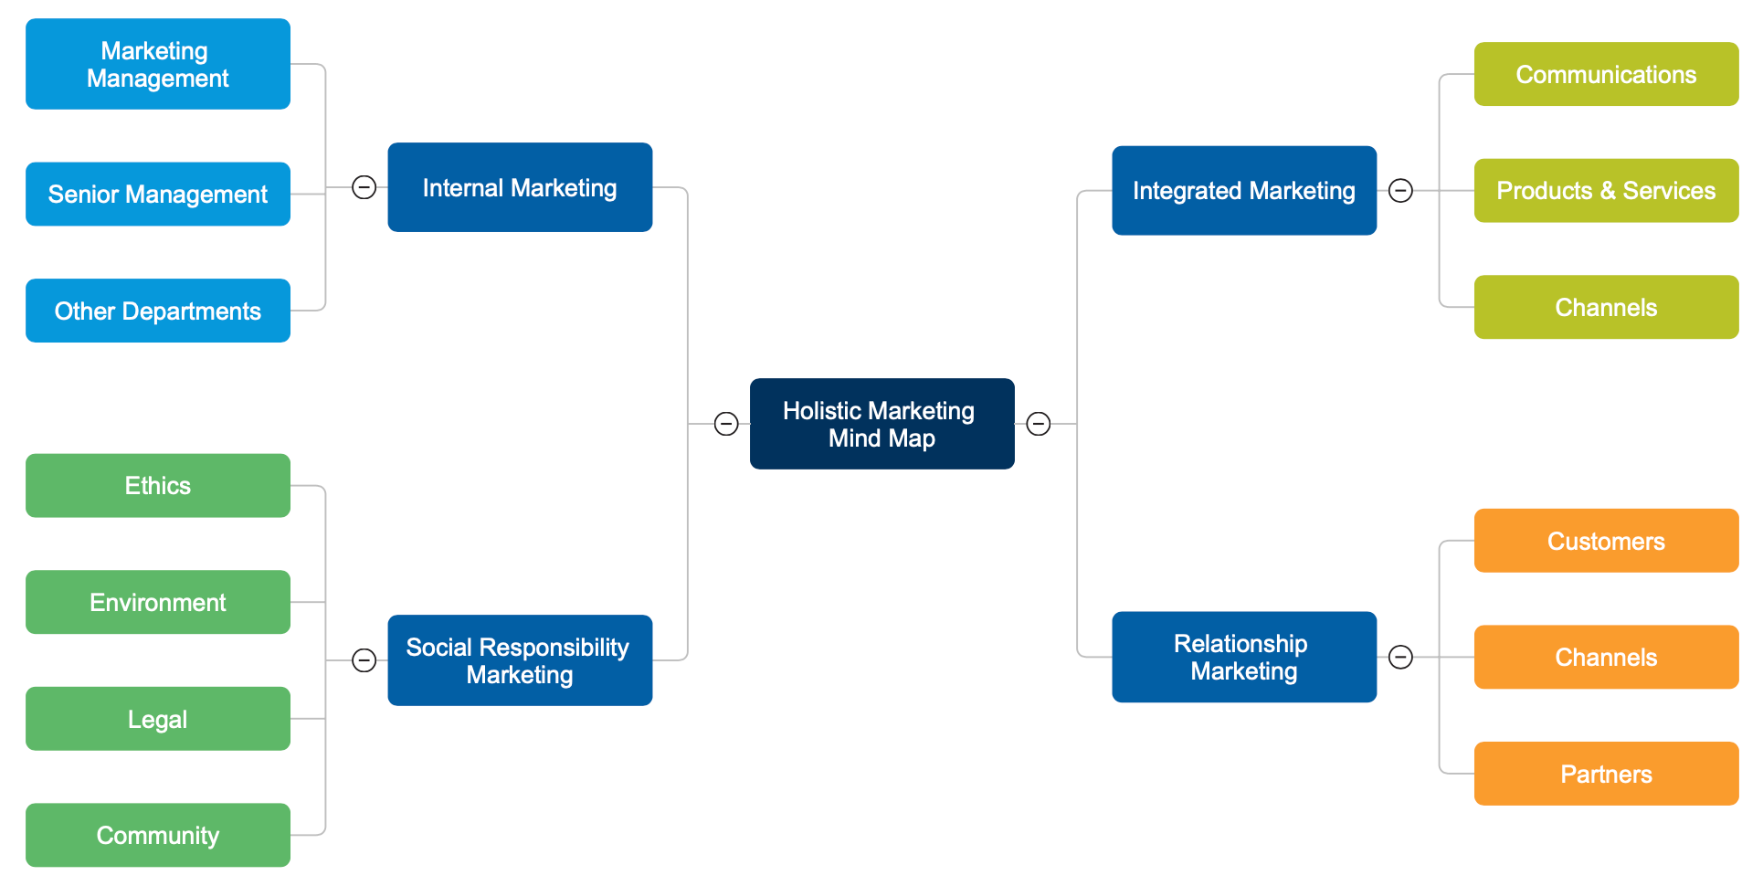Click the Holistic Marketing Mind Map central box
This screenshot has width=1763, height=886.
point(881,424)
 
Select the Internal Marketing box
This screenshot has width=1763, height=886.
point(520,187)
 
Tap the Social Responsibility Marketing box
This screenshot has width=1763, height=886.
point(520,660)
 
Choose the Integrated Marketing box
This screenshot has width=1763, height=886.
point(1243,190)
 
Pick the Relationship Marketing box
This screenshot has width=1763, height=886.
point(1243,657)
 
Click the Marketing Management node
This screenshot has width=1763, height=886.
point(158,64)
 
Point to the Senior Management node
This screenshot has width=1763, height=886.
point(158,194)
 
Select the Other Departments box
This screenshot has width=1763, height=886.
point(158,311)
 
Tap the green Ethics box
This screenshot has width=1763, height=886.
point(158,485)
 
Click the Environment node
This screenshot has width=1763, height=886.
point(158,602)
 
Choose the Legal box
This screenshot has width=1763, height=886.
point(158,719)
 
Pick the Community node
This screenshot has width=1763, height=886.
point(158,835)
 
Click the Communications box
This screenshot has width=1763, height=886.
point(1606,74)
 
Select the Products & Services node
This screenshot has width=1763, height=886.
point(1606,190)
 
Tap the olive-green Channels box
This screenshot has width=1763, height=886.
point(1606,307)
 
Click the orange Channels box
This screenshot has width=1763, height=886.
point(1606,657)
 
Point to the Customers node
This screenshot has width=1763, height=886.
point(1606,541)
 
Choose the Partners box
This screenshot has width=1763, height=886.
point(1606,774)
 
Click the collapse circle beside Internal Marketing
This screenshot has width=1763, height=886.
point(364,187)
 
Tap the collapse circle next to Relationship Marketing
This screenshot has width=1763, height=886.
point(1400,657)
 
